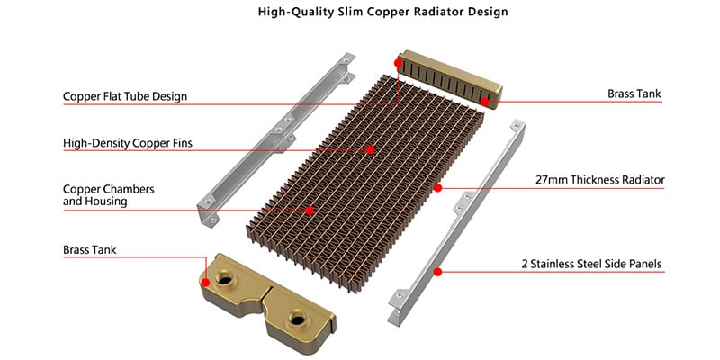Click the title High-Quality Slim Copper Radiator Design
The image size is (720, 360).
tap(383, 12)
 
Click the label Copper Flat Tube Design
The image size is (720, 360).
tap(125, 97)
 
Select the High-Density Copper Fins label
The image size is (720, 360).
tap(128, 143)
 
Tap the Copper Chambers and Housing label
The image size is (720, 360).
tap(108, 195)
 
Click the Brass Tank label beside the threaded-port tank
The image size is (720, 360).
tap(89, 250)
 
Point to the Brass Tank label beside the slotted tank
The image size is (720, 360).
tap(634, 94)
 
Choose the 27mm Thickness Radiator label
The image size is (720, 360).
tap(599, 180)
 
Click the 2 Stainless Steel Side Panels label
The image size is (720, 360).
tap(591, 264)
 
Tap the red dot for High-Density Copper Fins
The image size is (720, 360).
tap(371, 149)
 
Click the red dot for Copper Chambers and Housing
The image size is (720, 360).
tap(310, 211)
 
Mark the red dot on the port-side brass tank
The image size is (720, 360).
tap(205, 283)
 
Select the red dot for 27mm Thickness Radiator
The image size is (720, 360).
tap(437, 188)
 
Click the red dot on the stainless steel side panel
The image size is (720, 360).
tap(437, 272)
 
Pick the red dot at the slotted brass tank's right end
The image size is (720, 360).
tap(484, 101)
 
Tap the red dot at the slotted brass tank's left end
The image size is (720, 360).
tap(399, 62)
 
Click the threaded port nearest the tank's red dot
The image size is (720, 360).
tap(224, 278)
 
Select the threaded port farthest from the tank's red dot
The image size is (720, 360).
tap(297, 318)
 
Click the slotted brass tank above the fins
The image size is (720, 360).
tap(449, 79)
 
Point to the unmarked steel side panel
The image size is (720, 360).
tap(275, 138)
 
